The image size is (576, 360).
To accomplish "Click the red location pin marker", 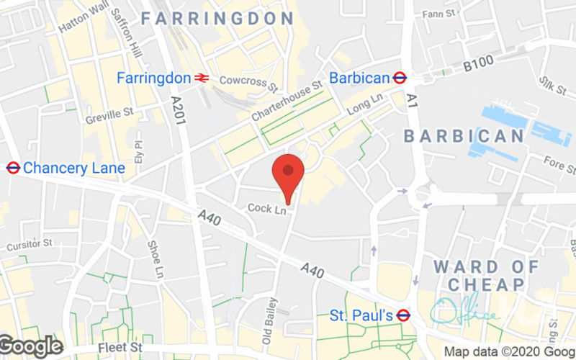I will pos(288,173).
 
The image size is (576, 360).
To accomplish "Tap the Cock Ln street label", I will pos(266,209).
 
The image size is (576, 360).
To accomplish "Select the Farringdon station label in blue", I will pos(154,77).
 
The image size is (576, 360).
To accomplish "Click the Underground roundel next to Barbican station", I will pos(401,77).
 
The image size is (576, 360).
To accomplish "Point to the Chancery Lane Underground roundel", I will pos(12,168).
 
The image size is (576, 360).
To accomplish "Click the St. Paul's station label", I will pos(361,315).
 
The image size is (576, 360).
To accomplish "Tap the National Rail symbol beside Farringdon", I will pos(202,78).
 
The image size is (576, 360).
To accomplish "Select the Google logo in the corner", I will pos(31,346).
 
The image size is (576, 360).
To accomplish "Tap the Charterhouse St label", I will pos(286,102).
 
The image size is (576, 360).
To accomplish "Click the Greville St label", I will pos(109,114).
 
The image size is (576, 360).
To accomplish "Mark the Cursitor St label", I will pos(30,246).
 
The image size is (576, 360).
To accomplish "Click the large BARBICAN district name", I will pos(464,135).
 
